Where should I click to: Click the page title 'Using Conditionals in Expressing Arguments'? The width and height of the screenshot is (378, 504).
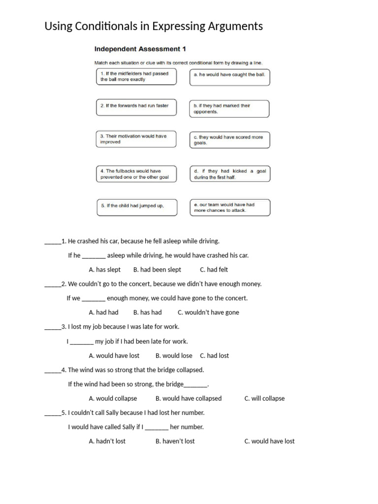[x=154, y=26]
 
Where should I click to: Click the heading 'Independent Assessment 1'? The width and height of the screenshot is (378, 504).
[x=140, y=49]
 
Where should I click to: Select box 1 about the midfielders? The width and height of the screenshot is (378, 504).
[x=136, y=77]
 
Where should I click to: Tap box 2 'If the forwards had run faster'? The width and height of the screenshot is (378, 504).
[x=136, y=107]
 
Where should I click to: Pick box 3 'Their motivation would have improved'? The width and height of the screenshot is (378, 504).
[x=136, y=139]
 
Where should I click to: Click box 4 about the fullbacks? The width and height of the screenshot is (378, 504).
[x=136, y=174]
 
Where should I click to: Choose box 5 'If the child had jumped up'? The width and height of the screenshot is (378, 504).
[x=136, y=206]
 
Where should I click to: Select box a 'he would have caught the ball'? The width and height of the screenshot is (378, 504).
[x=229, y=77]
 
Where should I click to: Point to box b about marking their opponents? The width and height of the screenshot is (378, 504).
[x=229, y=109]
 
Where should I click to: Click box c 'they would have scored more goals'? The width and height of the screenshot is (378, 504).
[x=229, y=140]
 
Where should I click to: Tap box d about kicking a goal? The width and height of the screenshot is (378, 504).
[x=229, y=174]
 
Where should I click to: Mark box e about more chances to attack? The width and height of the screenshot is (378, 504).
[x=229, y=207]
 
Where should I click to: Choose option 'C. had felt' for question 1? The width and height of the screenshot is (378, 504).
[x=214, y=270]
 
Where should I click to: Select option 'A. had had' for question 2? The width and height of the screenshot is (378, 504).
[x=103, y=313]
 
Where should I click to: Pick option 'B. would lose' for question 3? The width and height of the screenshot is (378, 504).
[x=174, y=356]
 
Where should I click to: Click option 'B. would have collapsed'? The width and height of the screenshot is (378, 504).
[x=189, y=399]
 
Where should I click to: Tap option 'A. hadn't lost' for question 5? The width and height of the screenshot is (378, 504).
[x=107, y=441]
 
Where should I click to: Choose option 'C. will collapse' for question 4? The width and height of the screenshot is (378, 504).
[x=264, y=399]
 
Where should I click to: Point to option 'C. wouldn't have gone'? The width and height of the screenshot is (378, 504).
[x=208, y=313]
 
